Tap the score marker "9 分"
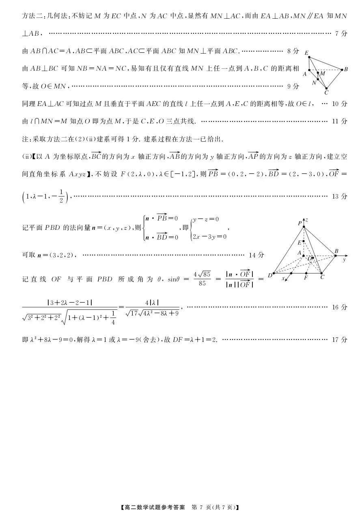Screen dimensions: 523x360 click(x=293, y=86)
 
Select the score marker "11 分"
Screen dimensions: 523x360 click(x=340, y=121)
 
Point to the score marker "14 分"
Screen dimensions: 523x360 click(x=256, y=255)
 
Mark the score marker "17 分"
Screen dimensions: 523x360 click(x=340, y=339)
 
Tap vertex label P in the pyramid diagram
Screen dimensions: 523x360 click(x=300, y=223)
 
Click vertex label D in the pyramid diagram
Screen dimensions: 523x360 click(x=270, y=277)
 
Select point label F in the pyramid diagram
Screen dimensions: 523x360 click(x=306, y=279)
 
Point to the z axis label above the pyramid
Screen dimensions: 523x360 click(x=307, y=220)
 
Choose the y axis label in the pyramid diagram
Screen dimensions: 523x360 click(x=344, y=259)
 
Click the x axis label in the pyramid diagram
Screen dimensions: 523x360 click(x=283, y=278)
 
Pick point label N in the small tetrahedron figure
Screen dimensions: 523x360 click(x=314, y=82)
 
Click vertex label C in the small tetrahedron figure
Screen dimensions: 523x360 click(x=326, y=92)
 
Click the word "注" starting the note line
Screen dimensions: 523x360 click(x=25, y=139)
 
